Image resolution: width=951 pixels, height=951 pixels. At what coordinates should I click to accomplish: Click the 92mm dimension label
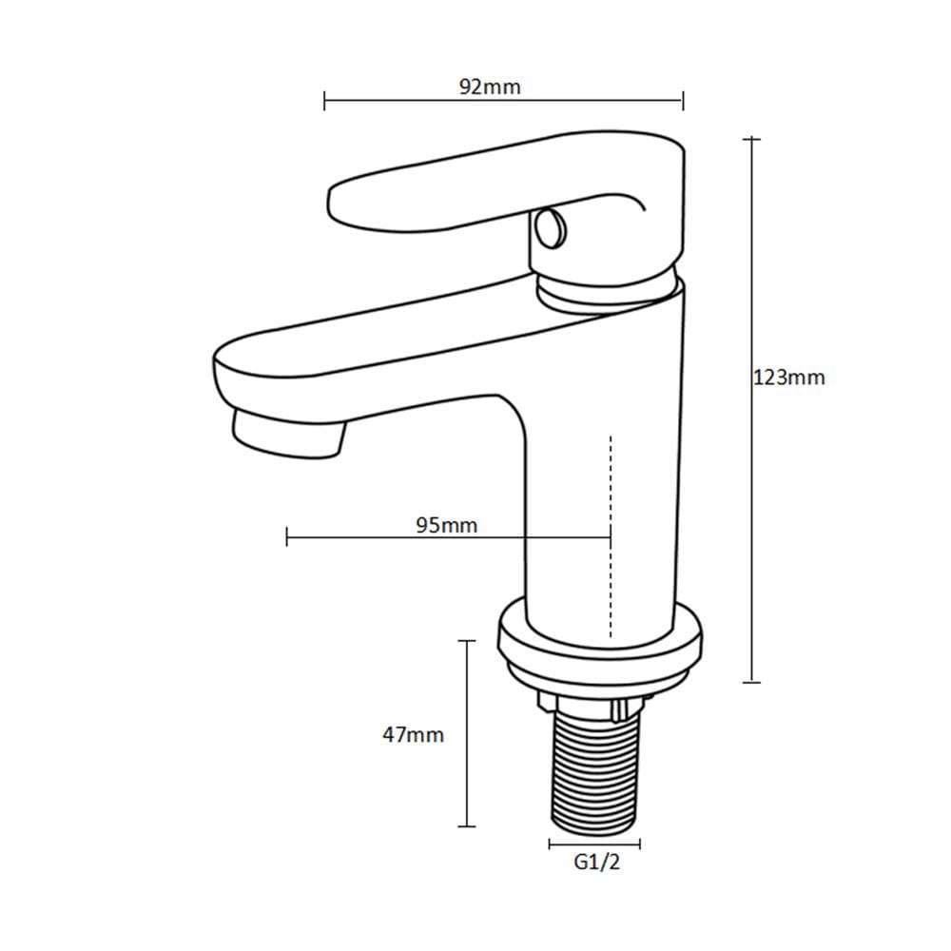(x=490, y=87)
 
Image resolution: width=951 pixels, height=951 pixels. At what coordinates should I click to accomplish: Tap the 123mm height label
(x=789, y=378)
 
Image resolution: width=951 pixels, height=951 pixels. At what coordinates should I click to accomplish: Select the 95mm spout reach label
(x=447, y=525)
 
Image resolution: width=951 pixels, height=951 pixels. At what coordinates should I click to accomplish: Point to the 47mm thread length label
(x=413, y=734)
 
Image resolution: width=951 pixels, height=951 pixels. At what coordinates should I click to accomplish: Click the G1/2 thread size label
(x=597, y=862)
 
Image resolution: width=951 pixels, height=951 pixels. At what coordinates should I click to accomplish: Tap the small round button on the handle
(x=549, y=227)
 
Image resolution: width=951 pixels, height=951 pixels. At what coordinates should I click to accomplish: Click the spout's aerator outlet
(x=289, y=434)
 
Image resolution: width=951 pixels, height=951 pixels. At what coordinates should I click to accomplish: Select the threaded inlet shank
(x=594, y=767)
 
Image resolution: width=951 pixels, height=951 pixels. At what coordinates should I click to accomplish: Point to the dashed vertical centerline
(x=611, y=536)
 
